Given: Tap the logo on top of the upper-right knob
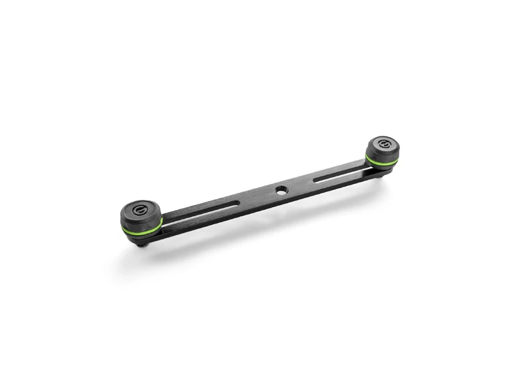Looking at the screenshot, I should point(381,144).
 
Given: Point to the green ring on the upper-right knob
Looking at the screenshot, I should point(382,162).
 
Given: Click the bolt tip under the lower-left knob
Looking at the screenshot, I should point(141,243).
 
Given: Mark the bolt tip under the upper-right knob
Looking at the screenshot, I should point(388,175).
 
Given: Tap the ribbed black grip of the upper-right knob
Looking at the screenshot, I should point(382,154).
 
